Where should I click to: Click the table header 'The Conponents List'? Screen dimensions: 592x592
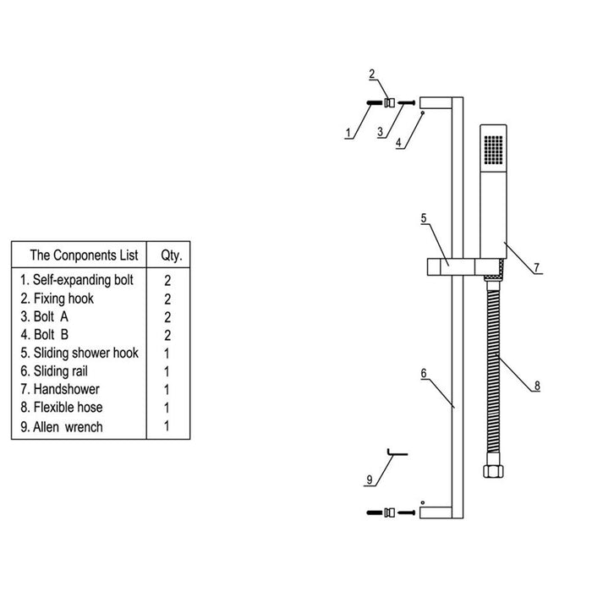pos(79,255)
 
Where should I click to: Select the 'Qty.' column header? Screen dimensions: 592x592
pos(167,255)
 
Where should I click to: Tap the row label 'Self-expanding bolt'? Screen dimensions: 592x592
pos(82,279)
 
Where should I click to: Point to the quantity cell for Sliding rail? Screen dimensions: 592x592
pos(167,371)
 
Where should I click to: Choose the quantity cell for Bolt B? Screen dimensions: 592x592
pos(167,335)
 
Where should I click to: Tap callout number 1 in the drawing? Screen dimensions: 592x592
pos(348,133)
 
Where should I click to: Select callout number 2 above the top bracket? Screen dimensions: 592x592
pos(372,74)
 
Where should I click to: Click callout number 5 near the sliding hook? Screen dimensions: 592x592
pos(423,218)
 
